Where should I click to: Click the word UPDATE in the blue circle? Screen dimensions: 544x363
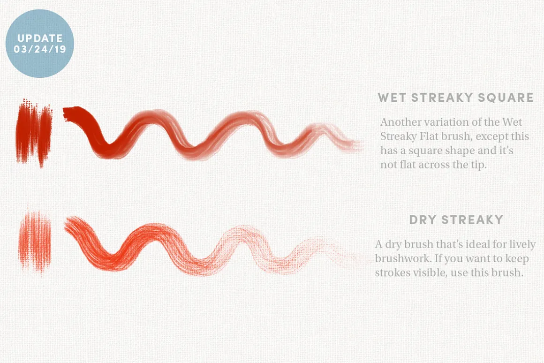40,38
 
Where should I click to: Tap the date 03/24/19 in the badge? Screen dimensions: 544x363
40,49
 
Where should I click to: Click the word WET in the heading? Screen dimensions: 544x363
392,98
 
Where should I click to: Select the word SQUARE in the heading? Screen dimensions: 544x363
506,98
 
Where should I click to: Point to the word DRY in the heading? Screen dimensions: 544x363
422,219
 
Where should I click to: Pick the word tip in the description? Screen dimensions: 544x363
478,165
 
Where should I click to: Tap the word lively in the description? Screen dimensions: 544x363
522,245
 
